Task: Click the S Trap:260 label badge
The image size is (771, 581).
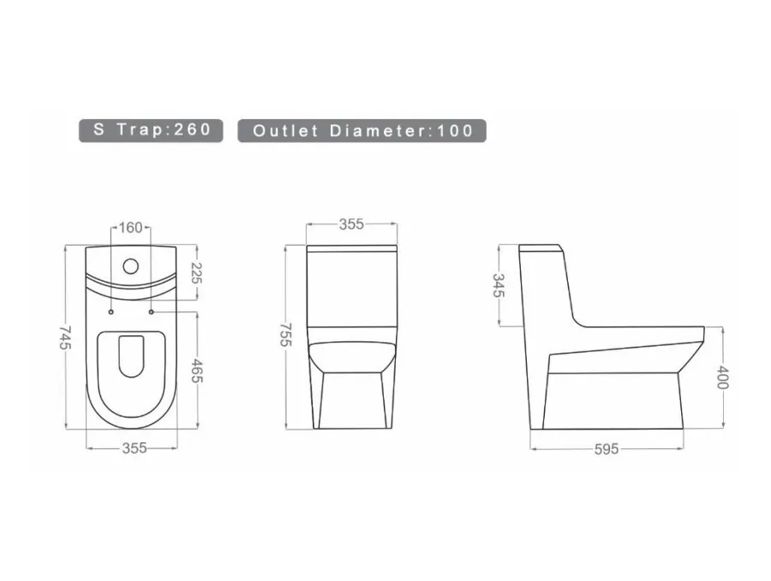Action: coord(151,130)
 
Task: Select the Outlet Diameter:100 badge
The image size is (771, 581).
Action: coord(362,131)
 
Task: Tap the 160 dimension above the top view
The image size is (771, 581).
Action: coord(131,228)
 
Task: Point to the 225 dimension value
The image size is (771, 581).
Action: coord(196,273)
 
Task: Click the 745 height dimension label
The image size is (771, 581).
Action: coord(65,337)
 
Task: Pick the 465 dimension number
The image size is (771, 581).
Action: coord(197,371)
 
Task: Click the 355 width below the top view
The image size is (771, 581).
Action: coord(134,448)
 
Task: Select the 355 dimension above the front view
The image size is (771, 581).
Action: coord(351,224)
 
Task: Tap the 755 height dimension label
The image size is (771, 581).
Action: coord(286,335)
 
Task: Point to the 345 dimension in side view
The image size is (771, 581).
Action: coord(499,285)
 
